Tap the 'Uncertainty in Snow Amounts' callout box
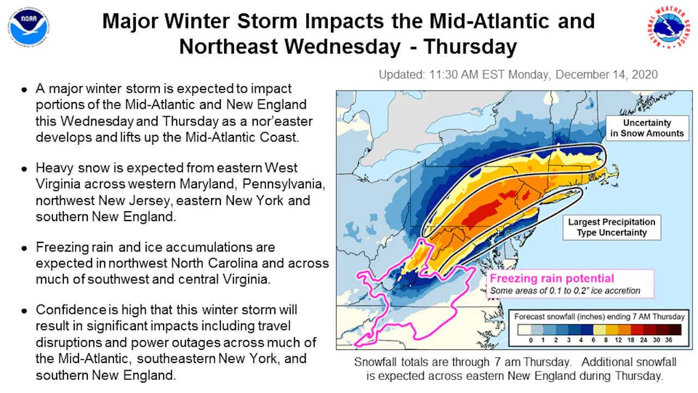click(647, 128)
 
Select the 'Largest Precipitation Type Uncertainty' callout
click(612, 228)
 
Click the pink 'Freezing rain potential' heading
click(552, 278)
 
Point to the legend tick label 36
click(669, 340)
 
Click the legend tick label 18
click(631, 340)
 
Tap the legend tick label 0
click(531, 340)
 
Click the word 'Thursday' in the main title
click(470, 47)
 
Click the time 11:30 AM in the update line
click(454, 75)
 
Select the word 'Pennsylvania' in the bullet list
click(284, 184)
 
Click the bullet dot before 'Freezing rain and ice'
click(25, 248)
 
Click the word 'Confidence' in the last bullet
click(71, 310)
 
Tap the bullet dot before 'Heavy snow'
click(25, 169)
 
